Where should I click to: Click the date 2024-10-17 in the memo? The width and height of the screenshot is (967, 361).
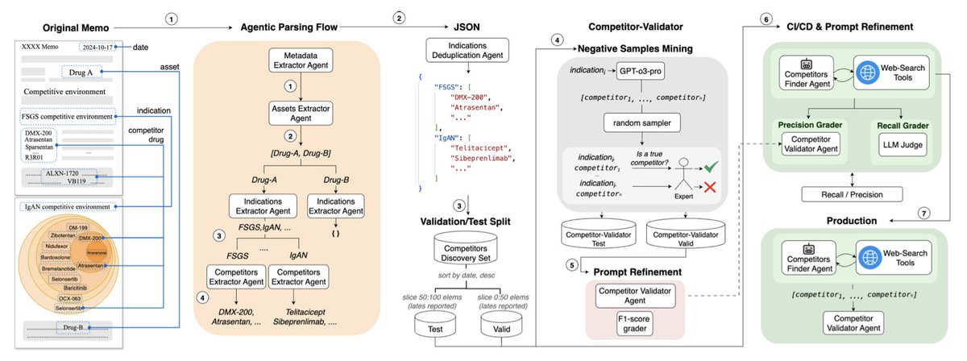(96, 46)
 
